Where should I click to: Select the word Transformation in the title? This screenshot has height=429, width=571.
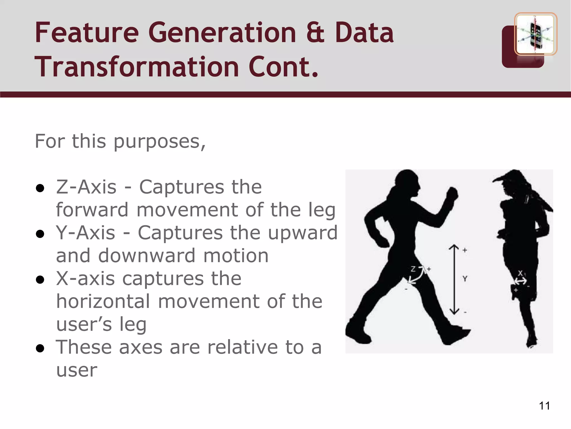click(137, 67)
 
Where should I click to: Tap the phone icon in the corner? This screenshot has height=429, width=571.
click(535, 34)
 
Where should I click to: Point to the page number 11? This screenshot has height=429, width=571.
click(544, 406)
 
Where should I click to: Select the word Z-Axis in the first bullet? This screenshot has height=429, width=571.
click(86, 187)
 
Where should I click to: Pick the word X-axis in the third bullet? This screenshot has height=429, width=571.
click(85, 278)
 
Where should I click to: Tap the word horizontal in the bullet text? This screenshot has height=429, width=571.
click(103, 301)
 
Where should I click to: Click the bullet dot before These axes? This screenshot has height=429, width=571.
click(40, 348)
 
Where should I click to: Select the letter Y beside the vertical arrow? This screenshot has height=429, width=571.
click(465, 278)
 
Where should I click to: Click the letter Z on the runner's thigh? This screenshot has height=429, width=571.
click(413, 269)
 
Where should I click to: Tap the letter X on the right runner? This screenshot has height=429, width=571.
click(520, 273)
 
